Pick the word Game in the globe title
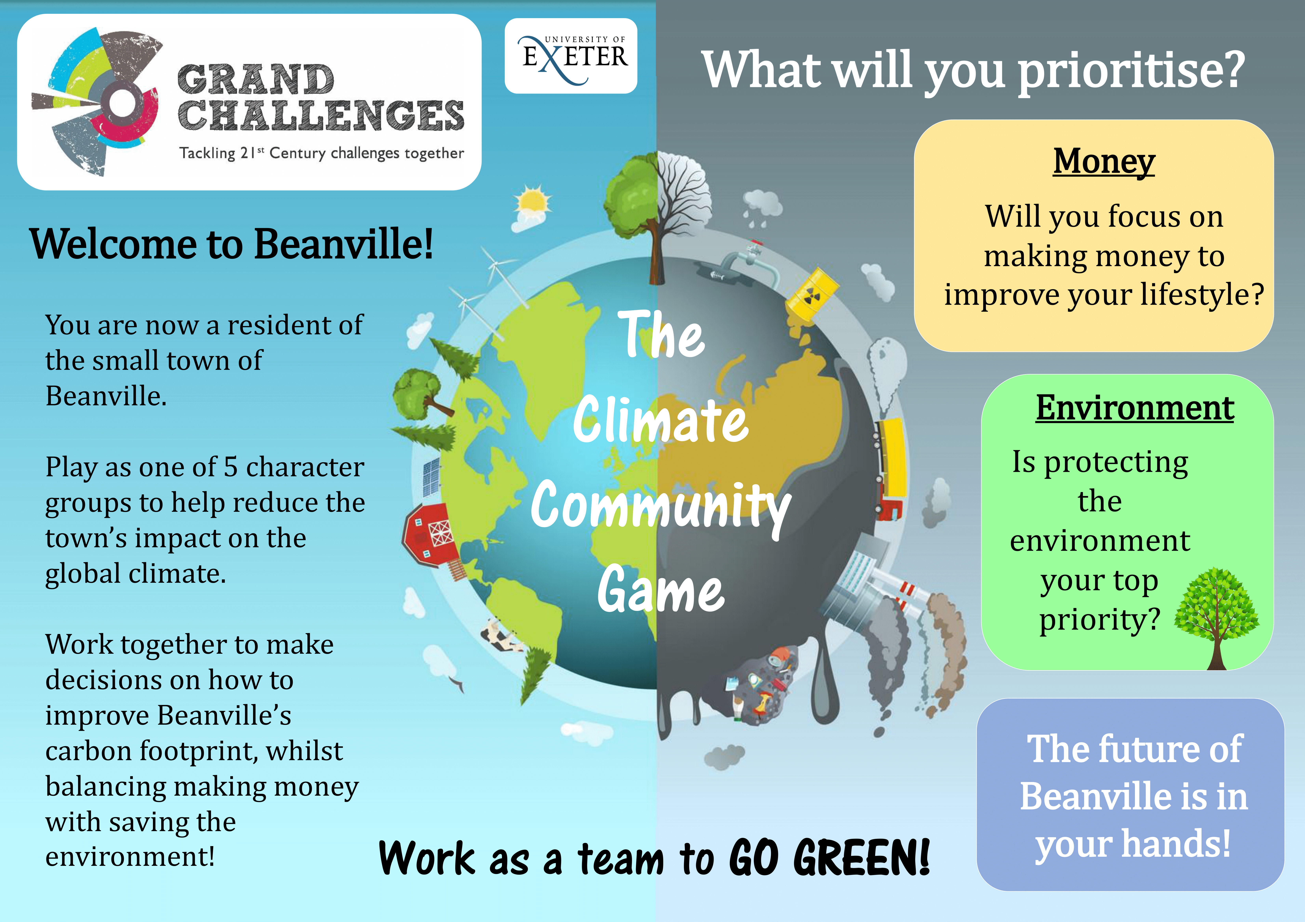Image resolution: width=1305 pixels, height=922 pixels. coord(661,591)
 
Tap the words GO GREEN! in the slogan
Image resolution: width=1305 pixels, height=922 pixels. coord(830,857)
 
